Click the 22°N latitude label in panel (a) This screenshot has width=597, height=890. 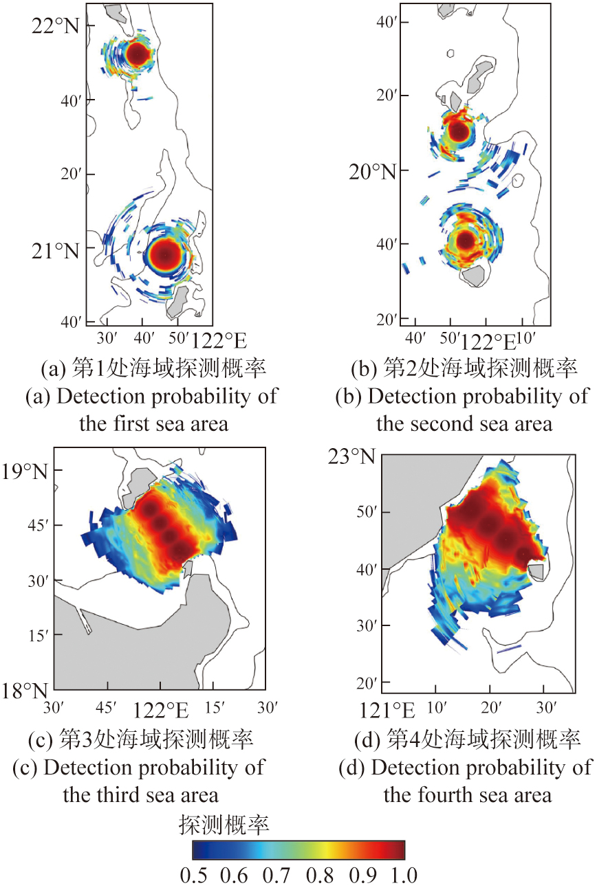click(x=56, y=27)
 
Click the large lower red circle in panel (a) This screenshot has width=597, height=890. click(x=166, y=254)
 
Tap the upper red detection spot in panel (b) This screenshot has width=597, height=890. click(x=459, y=130)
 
